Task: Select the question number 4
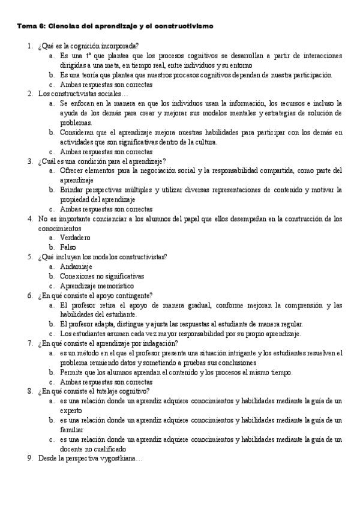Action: tap(30, 218)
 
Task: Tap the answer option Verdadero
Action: tap(75, 238)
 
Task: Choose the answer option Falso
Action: tap(68, 247)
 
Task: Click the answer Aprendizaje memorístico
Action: tap(94, 286)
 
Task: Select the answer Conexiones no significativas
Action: tap(102, 276)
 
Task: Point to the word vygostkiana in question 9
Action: tap(119, 459)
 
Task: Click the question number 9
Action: tap(30, 459)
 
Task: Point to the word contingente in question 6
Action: tap(135, 295)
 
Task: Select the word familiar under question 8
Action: tap(72, 430)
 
